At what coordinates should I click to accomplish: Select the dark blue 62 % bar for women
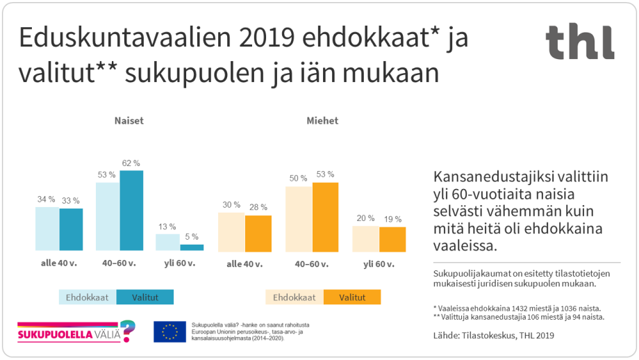(x=131, y=210)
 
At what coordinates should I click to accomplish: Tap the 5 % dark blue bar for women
(x=192, y=247)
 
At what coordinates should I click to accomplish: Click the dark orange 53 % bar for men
(x=325, y=216)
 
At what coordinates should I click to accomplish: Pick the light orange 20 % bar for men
(x=365, y=238)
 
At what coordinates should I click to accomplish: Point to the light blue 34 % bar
(x=47, y=229)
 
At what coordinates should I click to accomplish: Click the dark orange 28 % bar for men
(x=258, y=233)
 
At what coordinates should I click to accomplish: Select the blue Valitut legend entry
(x=144, y=297)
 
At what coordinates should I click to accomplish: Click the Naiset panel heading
(x=129, y=120)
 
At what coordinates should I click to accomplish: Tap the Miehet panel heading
(x=322, y=120)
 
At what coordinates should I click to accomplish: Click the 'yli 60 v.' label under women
(x=180, y=264)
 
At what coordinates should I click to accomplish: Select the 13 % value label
(x=167, y=227)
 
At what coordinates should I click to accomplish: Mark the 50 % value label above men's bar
(x=299, y=178)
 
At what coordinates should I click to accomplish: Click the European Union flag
(x=169, y=332)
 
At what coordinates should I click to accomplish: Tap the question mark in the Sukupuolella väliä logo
(x=127, y=330)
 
